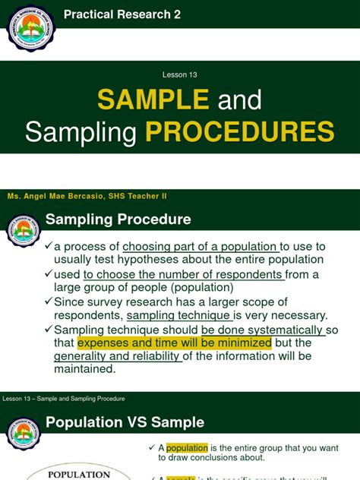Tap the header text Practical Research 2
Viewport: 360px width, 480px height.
click(x=122, y=14)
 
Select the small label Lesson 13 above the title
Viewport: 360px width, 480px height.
click(x=180, y=74)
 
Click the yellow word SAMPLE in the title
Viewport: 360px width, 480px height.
click(x=153, y=99)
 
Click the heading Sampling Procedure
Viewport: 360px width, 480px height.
click(x=118, y=220)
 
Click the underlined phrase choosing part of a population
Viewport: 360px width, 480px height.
click(x=201, y=246)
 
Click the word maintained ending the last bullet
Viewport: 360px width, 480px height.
click(x=84, y=369)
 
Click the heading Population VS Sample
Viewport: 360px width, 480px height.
click(x=125, y=422)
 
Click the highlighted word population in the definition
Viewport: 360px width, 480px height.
click(x=187, y=448)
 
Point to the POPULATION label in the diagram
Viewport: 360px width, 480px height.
click(x=79, y=474)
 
